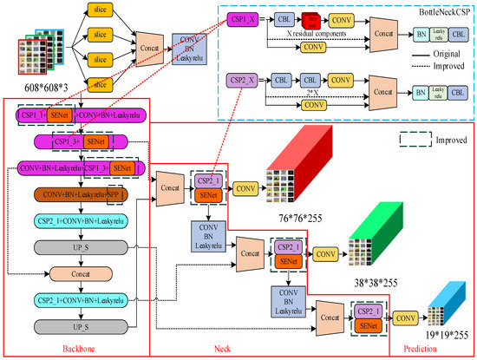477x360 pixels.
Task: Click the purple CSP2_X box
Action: click(x=247, y=79)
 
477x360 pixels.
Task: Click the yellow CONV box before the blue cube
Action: click(x=405, y=318)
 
